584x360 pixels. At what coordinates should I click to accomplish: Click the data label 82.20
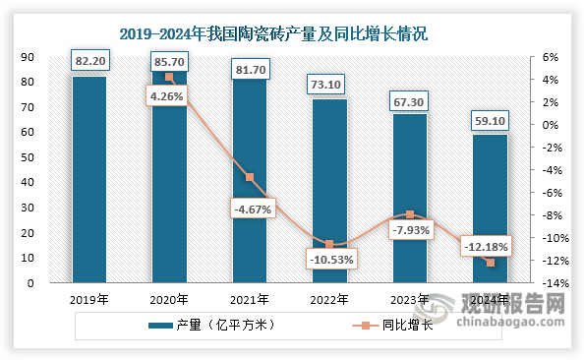tap(89, 62)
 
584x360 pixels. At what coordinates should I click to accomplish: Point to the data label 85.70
tap(170, 61)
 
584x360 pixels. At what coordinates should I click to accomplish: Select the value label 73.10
tap(329, 86)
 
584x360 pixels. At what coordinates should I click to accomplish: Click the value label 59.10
tap(490, 120)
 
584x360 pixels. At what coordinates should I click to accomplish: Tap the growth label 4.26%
tap(169, 96)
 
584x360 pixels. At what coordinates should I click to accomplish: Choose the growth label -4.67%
tap(251, 209)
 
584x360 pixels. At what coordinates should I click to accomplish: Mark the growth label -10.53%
tap(330, 259)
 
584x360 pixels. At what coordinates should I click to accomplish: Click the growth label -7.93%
tap(410, 230)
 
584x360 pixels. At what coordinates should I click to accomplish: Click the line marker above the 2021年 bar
tap(250, 177)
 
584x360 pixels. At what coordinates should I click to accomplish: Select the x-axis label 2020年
tap(170, 300)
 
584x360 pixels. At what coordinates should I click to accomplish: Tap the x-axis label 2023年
tap(410, 300)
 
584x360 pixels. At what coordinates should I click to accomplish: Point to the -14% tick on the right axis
tap(554, 283)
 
